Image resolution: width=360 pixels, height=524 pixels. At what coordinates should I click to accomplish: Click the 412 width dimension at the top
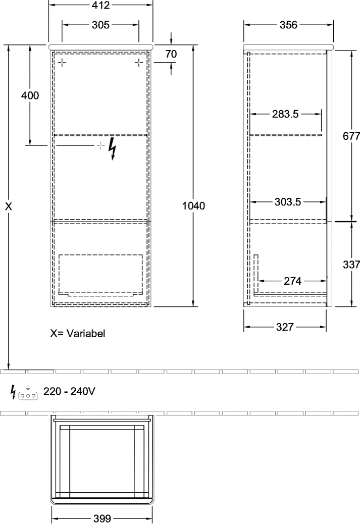100,5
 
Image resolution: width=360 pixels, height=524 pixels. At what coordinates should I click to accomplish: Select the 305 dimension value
100,25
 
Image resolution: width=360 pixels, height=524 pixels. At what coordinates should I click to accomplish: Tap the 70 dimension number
171,54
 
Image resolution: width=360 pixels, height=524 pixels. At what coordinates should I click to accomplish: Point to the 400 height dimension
30,95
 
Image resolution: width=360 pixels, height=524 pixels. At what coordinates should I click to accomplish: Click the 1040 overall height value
193,206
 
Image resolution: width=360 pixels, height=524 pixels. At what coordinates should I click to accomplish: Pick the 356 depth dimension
288,25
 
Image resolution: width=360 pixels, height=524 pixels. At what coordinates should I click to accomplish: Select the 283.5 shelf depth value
285,114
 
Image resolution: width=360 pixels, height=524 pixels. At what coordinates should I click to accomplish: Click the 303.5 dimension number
288,202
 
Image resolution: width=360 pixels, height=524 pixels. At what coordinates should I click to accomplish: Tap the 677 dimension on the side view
351,136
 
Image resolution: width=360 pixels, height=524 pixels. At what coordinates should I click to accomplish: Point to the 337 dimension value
351,265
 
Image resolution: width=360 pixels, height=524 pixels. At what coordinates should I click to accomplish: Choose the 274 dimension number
292,281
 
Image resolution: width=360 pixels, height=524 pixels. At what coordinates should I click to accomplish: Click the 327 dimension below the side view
285,327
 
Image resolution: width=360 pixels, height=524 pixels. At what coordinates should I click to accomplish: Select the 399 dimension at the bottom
101,518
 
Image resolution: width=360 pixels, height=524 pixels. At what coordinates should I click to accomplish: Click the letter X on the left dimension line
9,206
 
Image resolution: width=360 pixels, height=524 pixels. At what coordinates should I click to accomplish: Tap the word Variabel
86,333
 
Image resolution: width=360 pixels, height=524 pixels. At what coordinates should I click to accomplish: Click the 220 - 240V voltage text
69,391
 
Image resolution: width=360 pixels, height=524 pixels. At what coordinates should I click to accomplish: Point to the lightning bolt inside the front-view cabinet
112,149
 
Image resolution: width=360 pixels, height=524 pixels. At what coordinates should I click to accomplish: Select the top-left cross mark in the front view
62,63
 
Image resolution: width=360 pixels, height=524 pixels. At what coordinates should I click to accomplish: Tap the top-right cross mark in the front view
139,63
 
